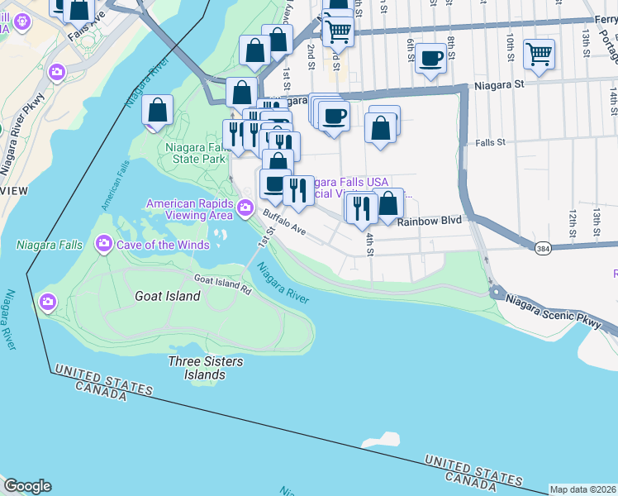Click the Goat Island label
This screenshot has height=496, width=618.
coord(167,296)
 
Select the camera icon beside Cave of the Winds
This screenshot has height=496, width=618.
coord(104,243)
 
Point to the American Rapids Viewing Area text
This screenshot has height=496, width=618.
coord(189,209)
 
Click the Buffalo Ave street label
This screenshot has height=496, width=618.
coord(284,223)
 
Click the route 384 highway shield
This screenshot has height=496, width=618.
coord(542,247)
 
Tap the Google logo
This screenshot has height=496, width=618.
coord(27,486)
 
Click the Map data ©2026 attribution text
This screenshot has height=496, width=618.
coord(583,489)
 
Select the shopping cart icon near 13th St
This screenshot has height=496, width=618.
coord(539,55)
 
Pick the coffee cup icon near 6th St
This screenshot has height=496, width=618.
coord(430,58)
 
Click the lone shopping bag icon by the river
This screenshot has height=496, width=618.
coord(157,110)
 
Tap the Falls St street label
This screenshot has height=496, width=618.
coord(490,143)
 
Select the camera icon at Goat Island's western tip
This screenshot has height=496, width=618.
coord(48,299)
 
